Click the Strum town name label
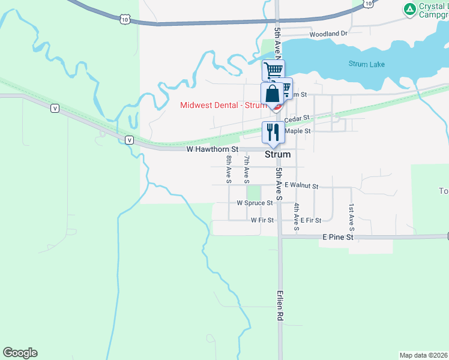pos(277,154)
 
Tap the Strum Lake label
pos(367,64)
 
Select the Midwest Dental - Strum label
pos(223,105)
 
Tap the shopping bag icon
pos(272,94)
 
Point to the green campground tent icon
pos(409,8)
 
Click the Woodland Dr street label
pos(328,34)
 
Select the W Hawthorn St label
pos(212,149)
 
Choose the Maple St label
pos(298,131)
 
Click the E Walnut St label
pos(301,187)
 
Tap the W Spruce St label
pos(255,203)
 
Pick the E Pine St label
pos(338,238)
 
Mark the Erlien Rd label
pos(280,305)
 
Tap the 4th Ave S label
pos(297,217)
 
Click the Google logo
pos(20,353)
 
